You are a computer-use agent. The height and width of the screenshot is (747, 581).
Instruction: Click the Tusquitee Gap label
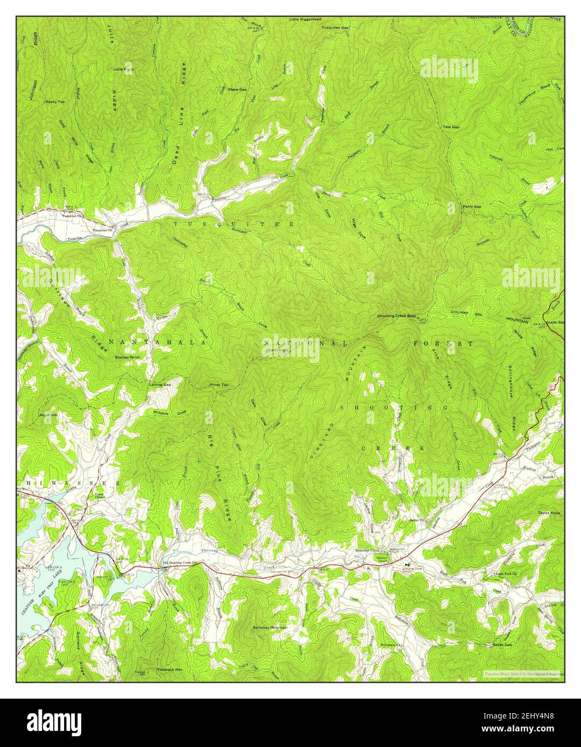tap(335, 27)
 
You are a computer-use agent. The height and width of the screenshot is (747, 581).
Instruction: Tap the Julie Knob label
tap(123, 69)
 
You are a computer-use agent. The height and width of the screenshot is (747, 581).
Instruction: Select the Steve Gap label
tap(237, 89)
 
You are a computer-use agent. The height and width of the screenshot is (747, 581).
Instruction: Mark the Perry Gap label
tap(472, 206)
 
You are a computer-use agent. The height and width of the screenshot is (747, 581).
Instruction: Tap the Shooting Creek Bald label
tap(396, 317)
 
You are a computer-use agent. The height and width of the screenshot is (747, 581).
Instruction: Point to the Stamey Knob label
tap(127, 357)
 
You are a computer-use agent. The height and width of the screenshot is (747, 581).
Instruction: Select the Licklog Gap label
tap(160, 385)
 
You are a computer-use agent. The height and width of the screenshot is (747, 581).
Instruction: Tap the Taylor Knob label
tap(549, 513)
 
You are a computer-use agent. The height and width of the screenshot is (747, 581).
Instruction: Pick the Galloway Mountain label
tap(270, 627)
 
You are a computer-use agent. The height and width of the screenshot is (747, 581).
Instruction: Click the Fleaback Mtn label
tap(170, 670)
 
